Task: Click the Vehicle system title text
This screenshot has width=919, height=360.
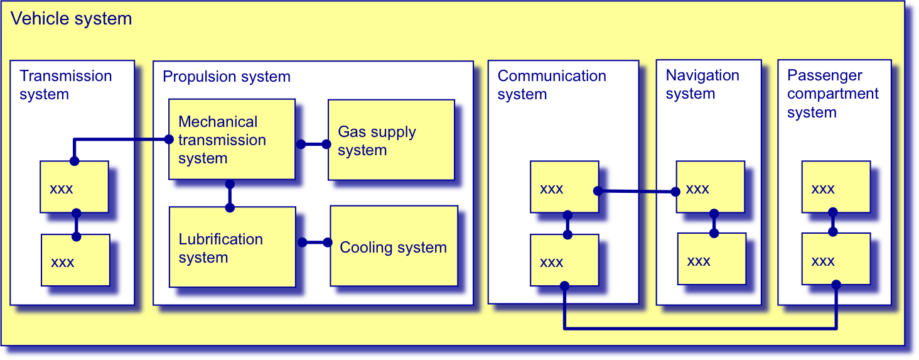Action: click(71, 19)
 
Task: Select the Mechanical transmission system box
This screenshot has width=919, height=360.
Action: click(232, 139)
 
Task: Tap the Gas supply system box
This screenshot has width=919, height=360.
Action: click(392, 140)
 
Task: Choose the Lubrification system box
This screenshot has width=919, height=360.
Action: click(232, 247)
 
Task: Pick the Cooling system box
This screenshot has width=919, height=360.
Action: click(394, 246)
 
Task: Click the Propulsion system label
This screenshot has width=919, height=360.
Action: click(227, 77)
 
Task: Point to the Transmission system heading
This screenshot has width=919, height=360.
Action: click(66, 85)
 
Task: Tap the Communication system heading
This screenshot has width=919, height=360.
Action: click(552, 85)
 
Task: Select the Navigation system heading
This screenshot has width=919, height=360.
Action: click(702, 85)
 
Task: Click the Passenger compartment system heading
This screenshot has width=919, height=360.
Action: click(833, 94)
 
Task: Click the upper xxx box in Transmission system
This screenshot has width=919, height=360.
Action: click(74, 187)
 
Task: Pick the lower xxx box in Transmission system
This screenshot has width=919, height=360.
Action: click(75, 260)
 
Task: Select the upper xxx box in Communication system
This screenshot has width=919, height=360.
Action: click(564, 187)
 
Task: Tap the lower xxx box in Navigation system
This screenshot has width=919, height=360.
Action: click(712, 259)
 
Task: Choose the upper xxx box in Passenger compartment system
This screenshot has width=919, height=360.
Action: click(836, 187)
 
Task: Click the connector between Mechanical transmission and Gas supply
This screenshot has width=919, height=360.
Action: click(313, 144)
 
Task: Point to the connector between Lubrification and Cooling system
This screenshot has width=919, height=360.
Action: click(314, 243)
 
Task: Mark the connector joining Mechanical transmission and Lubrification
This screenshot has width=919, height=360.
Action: click(230, 196)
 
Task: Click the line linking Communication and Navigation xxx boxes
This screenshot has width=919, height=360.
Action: click(637, 191)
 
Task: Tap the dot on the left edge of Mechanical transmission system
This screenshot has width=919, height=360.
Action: click(169, 139)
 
